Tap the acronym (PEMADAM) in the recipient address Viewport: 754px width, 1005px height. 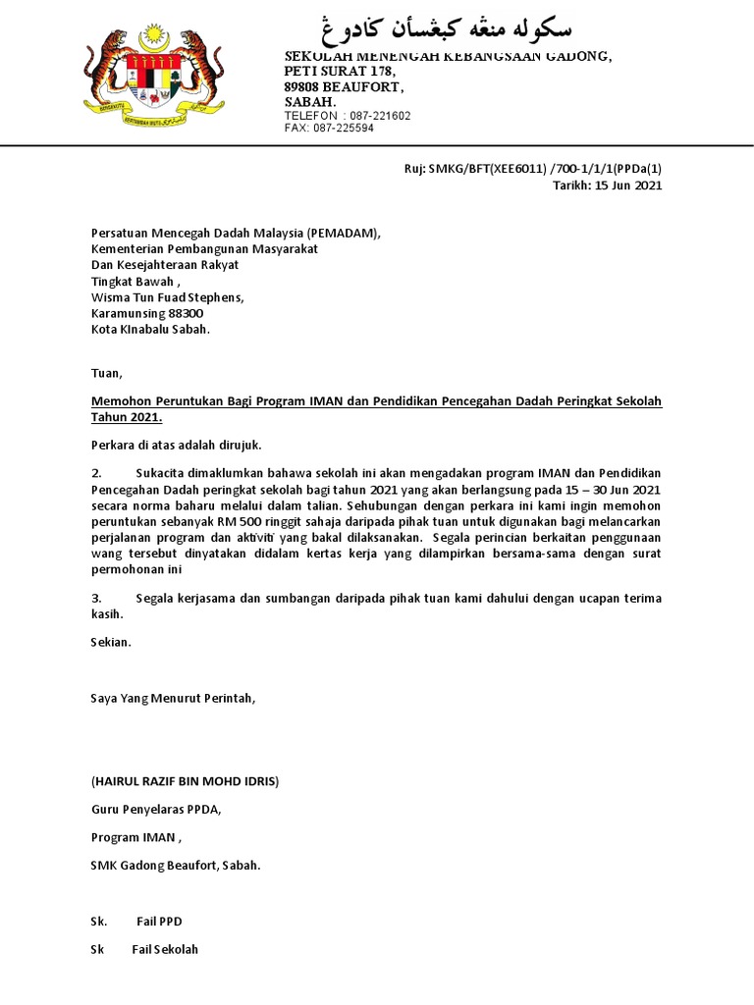pos(341,233)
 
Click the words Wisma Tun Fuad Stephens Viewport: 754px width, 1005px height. pos(167,296)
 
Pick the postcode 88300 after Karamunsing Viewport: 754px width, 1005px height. pos(188,312)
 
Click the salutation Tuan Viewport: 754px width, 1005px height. pos(106,373)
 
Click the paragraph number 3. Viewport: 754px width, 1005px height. pos(96,598)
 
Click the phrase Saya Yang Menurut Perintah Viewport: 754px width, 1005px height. pos(173,698)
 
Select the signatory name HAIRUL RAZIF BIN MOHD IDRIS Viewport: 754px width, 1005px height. pos(185,781)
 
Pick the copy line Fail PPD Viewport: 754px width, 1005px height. pos(159,922)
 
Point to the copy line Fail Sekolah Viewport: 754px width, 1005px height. pos(165,949)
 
